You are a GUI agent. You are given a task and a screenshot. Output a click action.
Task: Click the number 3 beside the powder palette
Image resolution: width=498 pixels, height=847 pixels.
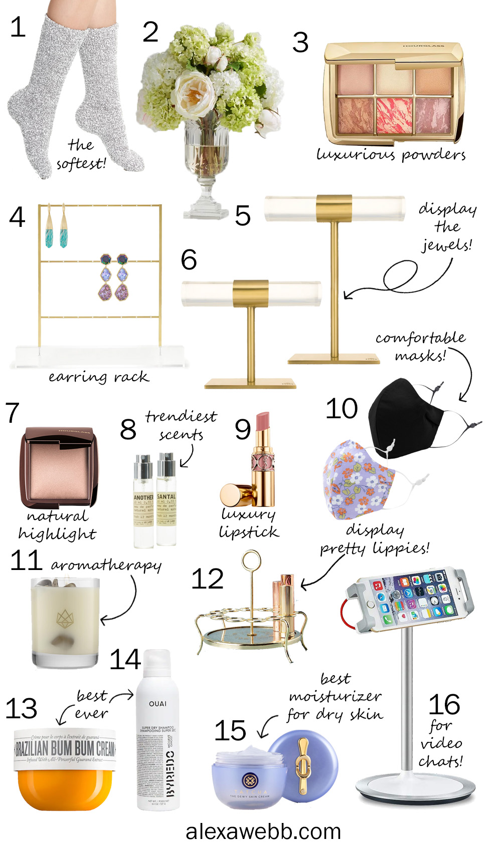pyautogui.click(x=300, y=43)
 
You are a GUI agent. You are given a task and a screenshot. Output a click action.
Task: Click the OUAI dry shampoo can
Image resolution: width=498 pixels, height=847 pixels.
pyautogui.click(x=157, y=731)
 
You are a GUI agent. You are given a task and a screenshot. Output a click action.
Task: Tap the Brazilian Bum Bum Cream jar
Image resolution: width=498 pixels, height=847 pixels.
pyautogui.click(x=65, y=769)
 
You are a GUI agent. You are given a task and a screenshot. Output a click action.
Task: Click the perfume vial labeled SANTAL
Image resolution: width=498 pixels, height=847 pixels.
pyautogui.click(x=166, y=501)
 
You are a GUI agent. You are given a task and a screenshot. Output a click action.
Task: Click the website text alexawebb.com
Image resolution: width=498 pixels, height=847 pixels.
pyautogui.click(x=263, y=831)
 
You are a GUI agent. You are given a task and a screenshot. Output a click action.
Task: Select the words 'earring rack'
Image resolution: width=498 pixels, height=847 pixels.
pyautogui.click(x=98, y=377)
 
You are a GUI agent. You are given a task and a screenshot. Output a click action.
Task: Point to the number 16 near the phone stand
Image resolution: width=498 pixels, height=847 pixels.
pyautogui.click(x=444, y=705)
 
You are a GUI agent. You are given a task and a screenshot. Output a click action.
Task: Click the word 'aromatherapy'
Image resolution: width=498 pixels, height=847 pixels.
pyautogui.click(x=106, y=565)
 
